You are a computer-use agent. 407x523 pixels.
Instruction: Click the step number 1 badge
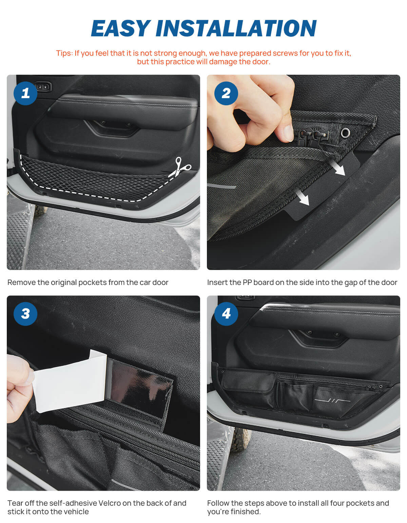(x=25, y=93)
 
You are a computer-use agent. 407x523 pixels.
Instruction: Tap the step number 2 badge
(x=226, y=93)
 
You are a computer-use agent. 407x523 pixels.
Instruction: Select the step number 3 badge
(x=25, y=313)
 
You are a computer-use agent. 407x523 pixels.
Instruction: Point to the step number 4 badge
(x=226, y=313)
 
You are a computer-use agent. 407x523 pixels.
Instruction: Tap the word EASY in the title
(x=120, y=28)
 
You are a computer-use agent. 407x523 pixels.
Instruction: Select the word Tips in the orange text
(x=64, y=53)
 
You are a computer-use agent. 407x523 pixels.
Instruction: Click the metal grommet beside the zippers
(x=345, y=133)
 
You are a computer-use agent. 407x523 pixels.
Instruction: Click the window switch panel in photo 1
(x=43, y=87)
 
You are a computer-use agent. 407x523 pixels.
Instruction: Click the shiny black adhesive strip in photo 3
(x=139, y=389)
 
